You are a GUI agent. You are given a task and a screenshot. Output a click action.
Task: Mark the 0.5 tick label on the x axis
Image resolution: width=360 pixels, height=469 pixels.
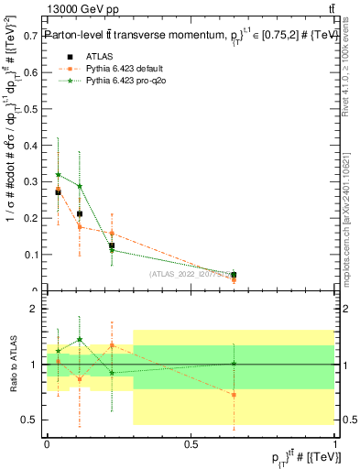click(x=191, y=443)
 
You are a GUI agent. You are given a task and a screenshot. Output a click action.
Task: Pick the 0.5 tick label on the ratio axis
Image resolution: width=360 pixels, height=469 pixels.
click(x=29, y=420)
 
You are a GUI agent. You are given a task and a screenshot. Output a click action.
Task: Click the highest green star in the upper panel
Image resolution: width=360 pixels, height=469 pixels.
click(x=59, y=174)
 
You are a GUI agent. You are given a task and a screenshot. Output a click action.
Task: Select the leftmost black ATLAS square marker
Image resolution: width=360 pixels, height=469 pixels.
click(x=58, y=192)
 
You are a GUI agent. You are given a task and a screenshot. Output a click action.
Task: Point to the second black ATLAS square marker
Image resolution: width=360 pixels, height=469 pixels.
click(x=80, y=213)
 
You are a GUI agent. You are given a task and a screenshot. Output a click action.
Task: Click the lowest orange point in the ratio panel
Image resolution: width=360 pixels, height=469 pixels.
click(x=235, y=395)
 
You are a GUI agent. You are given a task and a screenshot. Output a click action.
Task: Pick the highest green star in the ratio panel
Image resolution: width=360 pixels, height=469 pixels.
click(x=80, y=340)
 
